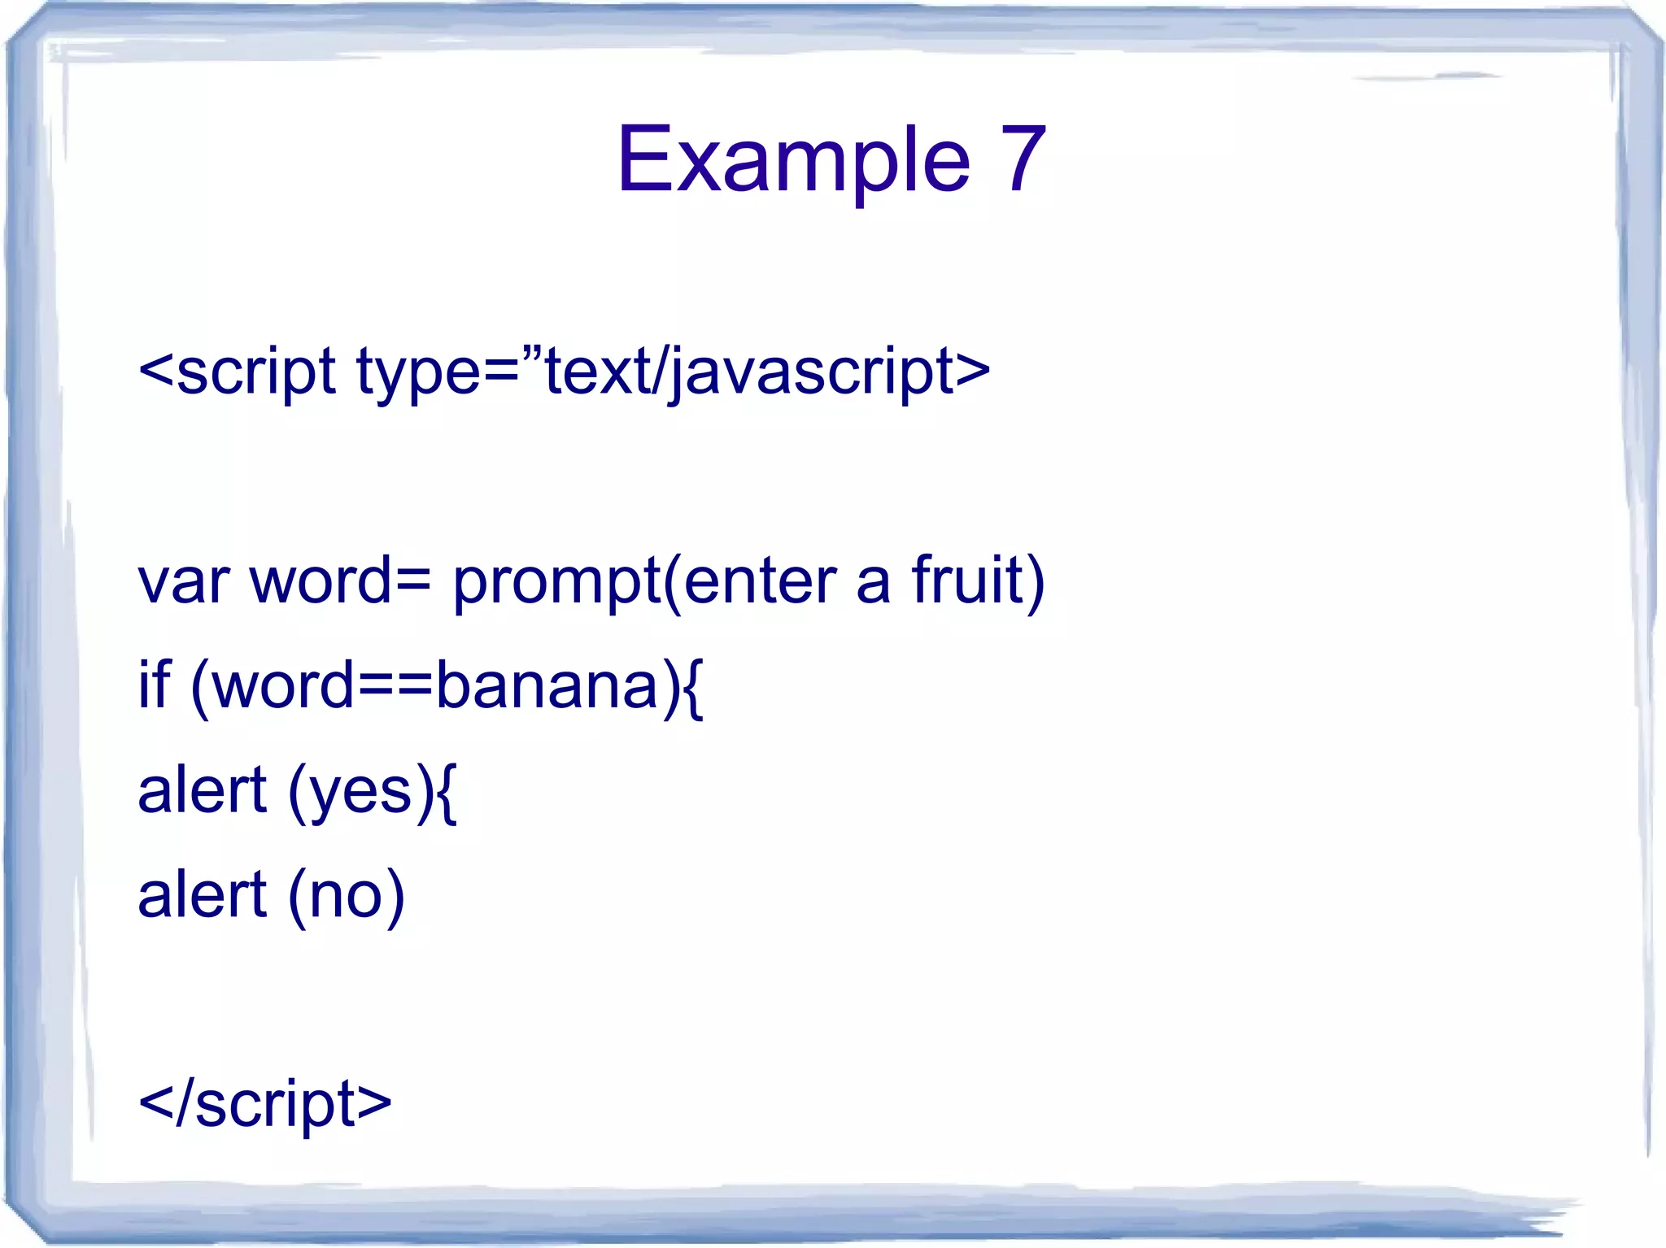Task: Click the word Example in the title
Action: tap(793, 161)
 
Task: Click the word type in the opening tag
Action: tap(419, 372)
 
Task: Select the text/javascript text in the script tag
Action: tap(748, 372)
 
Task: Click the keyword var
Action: tap(183, 582)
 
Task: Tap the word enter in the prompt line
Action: tap(760, 582)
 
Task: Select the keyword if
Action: tap(155, 685)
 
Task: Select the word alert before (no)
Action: tap(202, 894)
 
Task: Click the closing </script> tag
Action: tap(265, 1104)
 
